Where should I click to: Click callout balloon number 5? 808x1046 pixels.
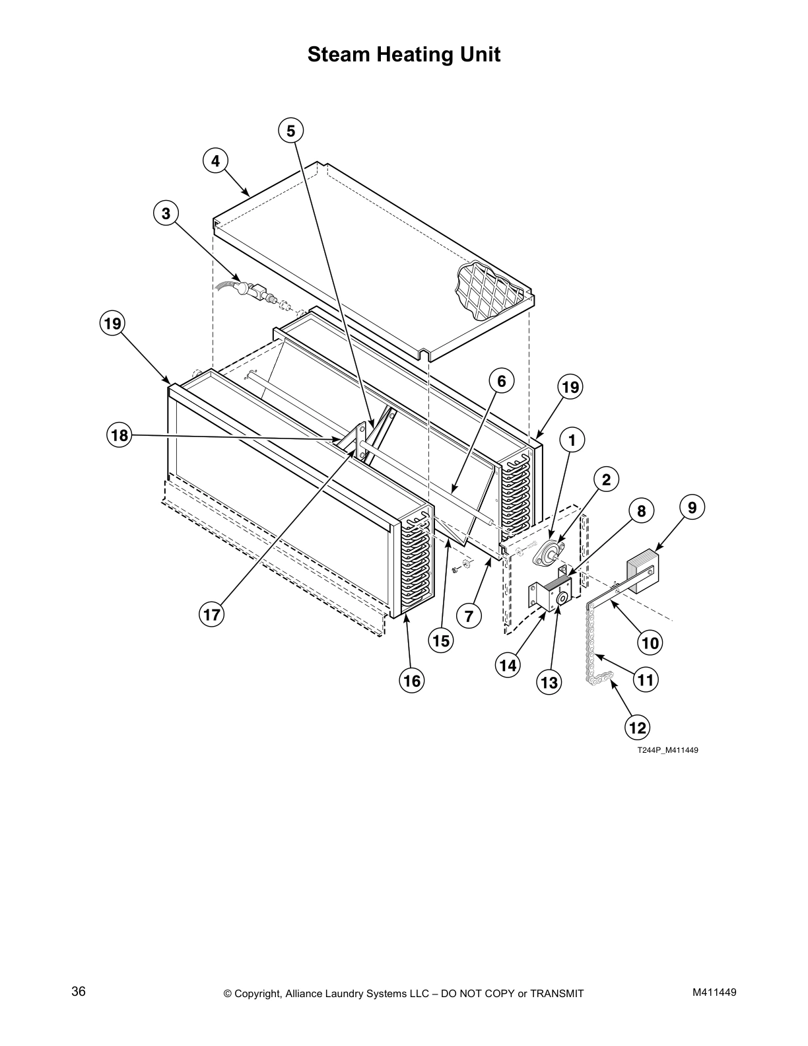click(290, 131)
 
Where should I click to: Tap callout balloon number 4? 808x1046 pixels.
click(215, 161)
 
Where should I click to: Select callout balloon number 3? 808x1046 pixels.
click(166, 213)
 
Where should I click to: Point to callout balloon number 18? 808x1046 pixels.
click(120, 435)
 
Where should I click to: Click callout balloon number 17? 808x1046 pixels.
click(212, 615)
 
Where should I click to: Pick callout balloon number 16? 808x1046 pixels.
click(412, 680)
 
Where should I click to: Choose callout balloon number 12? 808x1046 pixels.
click(637, 728)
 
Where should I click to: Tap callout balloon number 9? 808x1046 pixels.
click(692, 507)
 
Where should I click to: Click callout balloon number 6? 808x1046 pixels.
click(502, 381)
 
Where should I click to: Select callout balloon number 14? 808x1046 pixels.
click(508, 665)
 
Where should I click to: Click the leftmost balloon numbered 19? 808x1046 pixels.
click(113, 324)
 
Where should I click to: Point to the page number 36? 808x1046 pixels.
click(79, 991)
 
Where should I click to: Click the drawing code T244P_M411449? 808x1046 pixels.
click(667, 750)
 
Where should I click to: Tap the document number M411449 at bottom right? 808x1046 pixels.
click(714, 992)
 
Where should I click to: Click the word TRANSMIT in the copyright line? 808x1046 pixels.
click(557, 993)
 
